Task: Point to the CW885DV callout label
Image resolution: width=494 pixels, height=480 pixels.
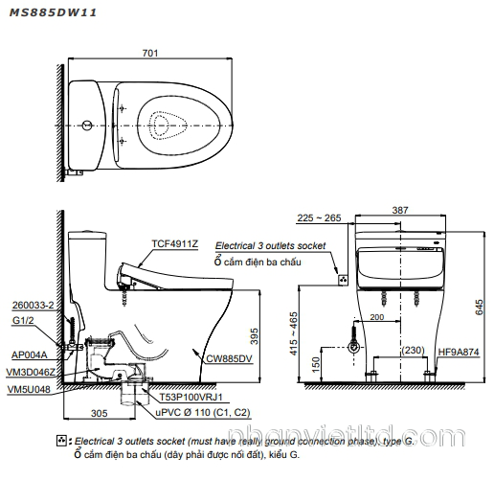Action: (x=228, y=358)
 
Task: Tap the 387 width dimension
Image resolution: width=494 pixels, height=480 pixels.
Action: (x=399, y=209)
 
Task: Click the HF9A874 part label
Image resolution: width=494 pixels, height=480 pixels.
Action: (x=460, y=352)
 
